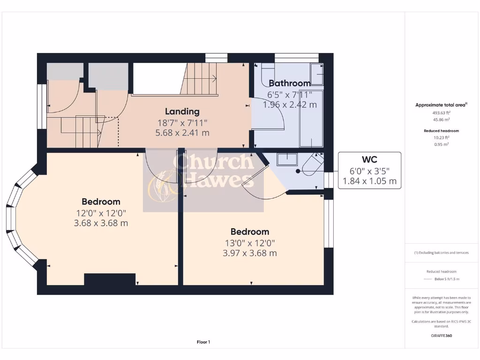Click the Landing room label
click(182, 112)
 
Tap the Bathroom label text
click(289, 83)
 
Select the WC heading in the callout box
click(369, 160)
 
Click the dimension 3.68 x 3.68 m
click(101, 223)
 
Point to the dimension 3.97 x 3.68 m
click(249, 253)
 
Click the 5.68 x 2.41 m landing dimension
click(182, 133)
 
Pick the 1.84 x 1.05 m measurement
click(369, 180)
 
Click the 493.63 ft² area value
click(441, 113)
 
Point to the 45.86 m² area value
click(441, 120)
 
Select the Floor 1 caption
click(203, 342)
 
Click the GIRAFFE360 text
click(441, 336)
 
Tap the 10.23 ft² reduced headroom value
click(441, 138)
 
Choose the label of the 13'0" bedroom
click(249, 232)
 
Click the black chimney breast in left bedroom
click(110, 279)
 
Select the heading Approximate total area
click(440, 105)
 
